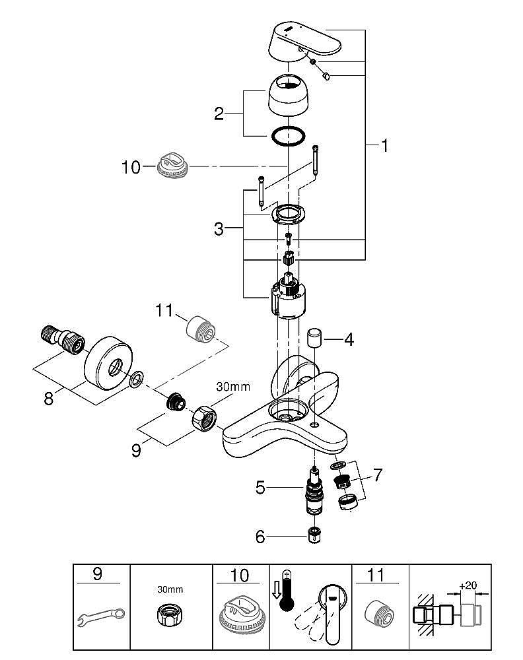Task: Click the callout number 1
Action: click(x=383, y=145)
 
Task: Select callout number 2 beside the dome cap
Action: click(x=219, y=114)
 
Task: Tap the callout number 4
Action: click(x=349, y=340)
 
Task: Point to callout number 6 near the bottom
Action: click(x=260, y=537)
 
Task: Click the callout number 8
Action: click(x=48, y=399)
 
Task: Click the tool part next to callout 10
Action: click(x=174, y=163)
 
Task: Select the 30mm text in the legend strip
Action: click(x=170, y=589)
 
